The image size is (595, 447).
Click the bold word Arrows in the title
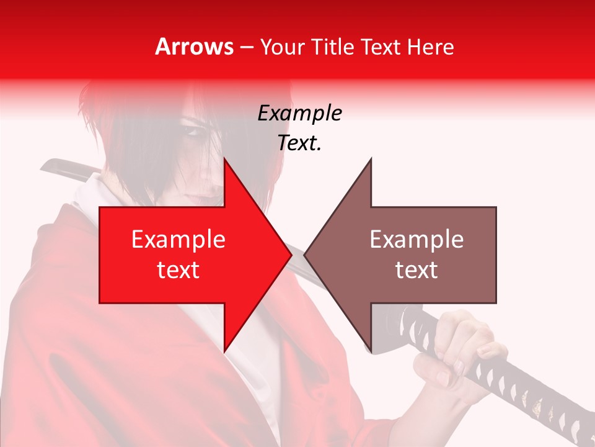tap(195, 47)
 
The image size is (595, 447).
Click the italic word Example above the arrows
tap(299, 113)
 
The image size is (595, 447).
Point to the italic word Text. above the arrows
tap(299, 143)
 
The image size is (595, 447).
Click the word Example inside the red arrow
tap(178, 239)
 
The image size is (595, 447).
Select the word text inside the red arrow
tap(178, 269)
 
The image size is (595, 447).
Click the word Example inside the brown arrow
tap(416, 239)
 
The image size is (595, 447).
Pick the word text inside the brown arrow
tap(416, 269)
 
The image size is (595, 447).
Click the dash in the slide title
tap(246, 47)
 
